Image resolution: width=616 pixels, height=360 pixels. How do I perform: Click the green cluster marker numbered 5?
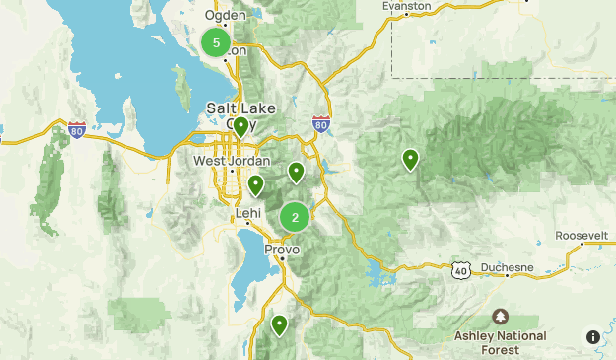tap(216, 42)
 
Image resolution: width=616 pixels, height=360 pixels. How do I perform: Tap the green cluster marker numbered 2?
tap(295, 217)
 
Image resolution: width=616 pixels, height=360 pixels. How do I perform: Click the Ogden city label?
tap(226, 15)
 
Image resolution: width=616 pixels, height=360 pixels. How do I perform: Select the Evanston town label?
tap(408, 6)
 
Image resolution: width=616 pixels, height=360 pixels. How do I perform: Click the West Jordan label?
tap(230, 161)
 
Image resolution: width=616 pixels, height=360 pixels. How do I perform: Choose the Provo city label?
tap(282, 250)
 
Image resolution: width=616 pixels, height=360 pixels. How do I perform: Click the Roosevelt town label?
tap(582, 236)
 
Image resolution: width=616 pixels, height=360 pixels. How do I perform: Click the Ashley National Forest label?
tap(501, 342)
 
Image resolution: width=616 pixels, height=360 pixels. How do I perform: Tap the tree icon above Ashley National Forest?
tap(501, 317)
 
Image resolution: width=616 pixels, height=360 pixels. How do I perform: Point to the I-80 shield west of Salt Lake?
tap(78, 128)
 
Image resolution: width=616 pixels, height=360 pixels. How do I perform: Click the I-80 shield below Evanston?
tap(319, 123)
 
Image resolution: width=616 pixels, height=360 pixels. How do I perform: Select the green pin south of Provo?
tap(280, 324)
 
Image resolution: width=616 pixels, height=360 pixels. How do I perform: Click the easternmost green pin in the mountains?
tap(410, 158)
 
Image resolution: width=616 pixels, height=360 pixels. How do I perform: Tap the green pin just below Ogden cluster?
tap(240, 126)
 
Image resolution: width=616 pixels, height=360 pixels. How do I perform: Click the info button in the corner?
tap(593, 337)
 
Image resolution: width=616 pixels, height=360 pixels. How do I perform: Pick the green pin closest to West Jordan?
tap(256, 183)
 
